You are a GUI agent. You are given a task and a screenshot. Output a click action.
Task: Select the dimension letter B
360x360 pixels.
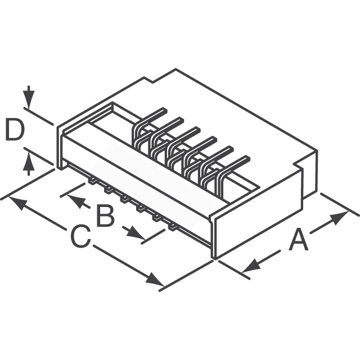click(x=106, y=216)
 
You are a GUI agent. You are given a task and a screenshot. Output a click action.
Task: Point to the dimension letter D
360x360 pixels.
click(x=15, y=129)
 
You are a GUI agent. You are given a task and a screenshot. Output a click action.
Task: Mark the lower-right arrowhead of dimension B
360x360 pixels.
click(x=136, y=233)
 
